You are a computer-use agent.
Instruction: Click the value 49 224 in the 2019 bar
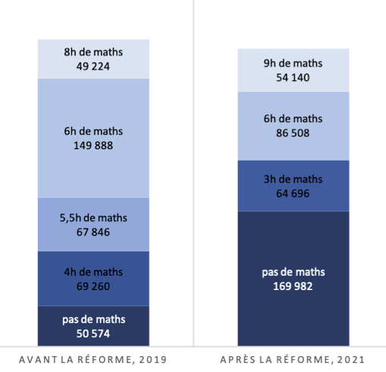(93, 67)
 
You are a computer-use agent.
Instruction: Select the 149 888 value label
(93, 145)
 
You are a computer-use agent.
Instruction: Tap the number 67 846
(93, 232)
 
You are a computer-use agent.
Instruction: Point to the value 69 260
(93, 286)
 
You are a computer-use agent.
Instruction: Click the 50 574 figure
(93, 333)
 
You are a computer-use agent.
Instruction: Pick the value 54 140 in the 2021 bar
(293, 77)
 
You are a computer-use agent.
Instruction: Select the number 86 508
(293, 133)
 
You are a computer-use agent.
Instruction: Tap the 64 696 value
(293, 193)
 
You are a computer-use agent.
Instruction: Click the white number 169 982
(293, 286)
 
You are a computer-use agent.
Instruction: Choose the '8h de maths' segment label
(93, 52)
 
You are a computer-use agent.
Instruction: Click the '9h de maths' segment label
(293, 63)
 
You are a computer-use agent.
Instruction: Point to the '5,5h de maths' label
(93, 218)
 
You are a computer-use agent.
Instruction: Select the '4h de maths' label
(93, 272)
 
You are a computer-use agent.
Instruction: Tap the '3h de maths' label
(293, 180)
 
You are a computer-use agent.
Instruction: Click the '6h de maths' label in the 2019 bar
(93, 131)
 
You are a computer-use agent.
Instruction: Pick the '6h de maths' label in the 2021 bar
(293, 119)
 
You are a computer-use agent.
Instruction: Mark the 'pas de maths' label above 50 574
(94, 320)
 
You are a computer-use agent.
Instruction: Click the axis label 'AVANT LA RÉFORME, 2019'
(93, 359)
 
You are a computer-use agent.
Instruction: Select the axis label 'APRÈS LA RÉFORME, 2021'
(293, 359)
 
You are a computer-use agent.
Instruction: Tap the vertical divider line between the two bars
(193, 173)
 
